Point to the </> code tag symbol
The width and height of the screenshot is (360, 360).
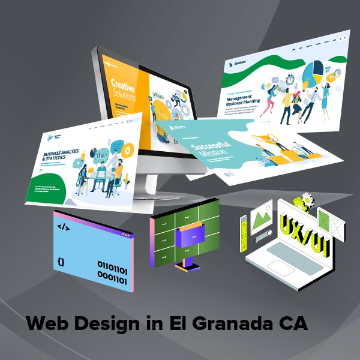click(62, 227)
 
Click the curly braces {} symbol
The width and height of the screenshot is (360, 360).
click(61, 262)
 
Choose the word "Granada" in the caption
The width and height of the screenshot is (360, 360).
click(226, 325)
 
